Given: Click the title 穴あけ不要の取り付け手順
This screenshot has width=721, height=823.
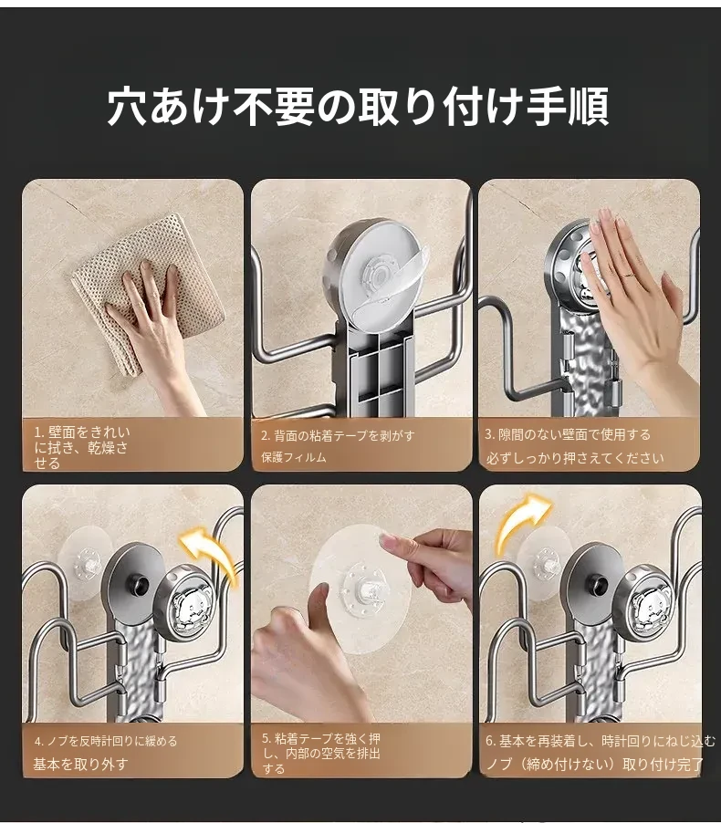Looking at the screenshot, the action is click(x=358, y=107).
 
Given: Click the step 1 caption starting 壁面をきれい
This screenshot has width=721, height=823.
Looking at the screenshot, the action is click(x=81, y=447).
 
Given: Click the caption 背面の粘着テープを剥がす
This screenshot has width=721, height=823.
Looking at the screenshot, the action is click(x=338, y=435).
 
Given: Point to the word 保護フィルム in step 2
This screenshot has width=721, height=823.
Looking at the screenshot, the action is click(x=294, y=457).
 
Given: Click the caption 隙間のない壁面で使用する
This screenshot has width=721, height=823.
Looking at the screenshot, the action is click(x=567, y=434).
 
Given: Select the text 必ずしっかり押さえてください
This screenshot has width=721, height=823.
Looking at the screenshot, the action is click(x=575, y=458).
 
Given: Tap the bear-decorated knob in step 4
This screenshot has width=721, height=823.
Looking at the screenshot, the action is click(x=185, y=604).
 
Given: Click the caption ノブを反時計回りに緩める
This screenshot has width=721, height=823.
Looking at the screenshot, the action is click(x=106, y=741).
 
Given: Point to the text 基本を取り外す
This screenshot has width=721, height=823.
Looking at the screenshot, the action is click(x=80, y=765).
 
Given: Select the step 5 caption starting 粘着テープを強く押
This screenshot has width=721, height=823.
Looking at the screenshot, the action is click(x=321, y=754).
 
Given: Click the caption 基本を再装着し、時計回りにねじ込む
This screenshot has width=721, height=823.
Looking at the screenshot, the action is click(x=601, y=741).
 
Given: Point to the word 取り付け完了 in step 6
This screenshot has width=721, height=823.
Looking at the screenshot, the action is click(x=664, y=765).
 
